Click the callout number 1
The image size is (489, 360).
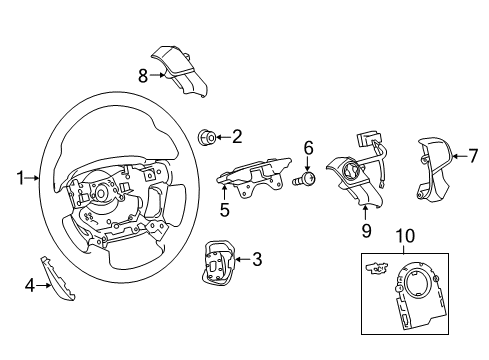[x=20, y=178]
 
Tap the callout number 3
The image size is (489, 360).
[x=257, y=261]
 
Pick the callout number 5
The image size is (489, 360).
[x=224, y=210]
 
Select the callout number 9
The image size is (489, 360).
[x=366, y=231]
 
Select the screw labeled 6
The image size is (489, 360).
[x=309, y=179]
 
